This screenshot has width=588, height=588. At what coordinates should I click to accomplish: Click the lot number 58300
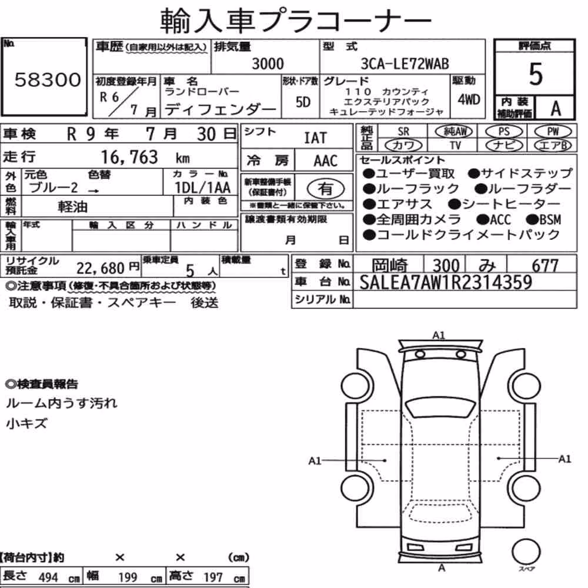(x=48, y=79)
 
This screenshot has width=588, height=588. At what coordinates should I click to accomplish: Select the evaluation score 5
(x=536, y=74)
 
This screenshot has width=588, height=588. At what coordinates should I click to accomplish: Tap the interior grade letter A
(x=556, y=108)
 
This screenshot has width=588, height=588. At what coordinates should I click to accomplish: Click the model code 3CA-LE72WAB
(x=405, y=64)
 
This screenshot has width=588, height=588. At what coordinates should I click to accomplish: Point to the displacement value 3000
(x=268, y=64)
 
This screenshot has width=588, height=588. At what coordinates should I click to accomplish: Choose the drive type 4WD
(x=469, y=100)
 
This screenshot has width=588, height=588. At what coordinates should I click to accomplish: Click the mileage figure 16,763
(x=129, y=157)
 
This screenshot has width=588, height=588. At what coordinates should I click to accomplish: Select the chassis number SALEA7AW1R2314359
(x=446, y=282)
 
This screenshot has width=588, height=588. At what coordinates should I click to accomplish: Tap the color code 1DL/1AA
(x=202, y=187)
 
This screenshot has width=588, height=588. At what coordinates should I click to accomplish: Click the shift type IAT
(x=315, y=138)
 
